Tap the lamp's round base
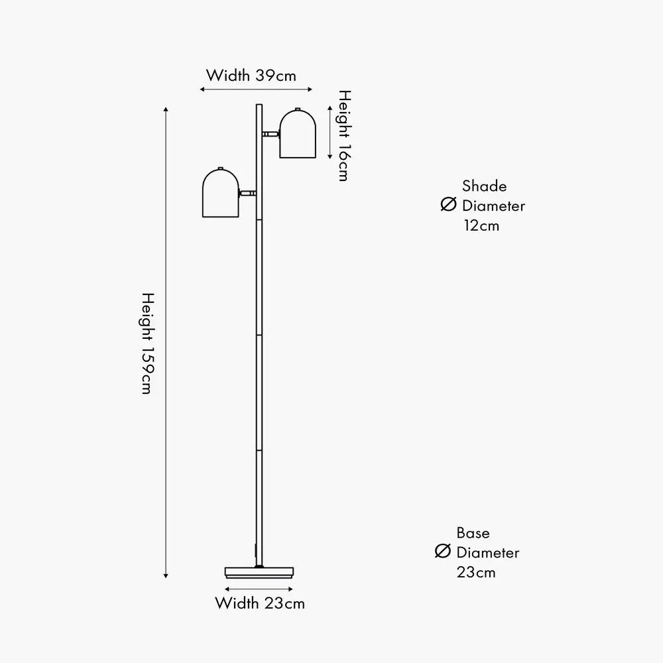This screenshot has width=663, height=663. point(259,572)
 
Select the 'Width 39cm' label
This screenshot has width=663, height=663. point(251,75)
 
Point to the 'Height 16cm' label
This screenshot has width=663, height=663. point(343,135)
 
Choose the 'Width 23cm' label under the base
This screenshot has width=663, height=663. point(260,603)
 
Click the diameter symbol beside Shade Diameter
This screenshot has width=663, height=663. point(449,205)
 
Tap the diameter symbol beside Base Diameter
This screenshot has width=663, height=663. point(443,551)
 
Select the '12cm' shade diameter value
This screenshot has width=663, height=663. point(481,225)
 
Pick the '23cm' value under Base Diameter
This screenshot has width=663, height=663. point(476,572)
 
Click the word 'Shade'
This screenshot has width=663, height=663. point(484,186)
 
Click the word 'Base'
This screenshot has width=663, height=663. point(473,532)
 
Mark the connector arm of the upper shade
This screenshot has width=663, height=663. point(270,134)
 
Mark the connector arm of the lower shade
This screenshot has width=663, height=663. point(248,193)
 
